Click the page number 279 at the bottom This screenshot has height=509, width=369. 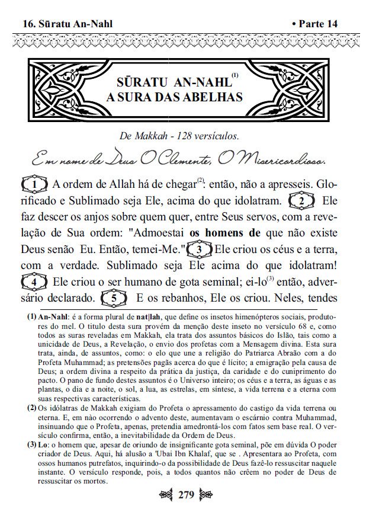[x=184, y=495]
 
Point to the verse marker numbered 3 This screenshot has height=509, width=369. [x=200, y=248]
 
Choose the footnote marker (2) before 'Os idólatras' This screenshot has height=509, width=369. [x=33, y=408]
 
